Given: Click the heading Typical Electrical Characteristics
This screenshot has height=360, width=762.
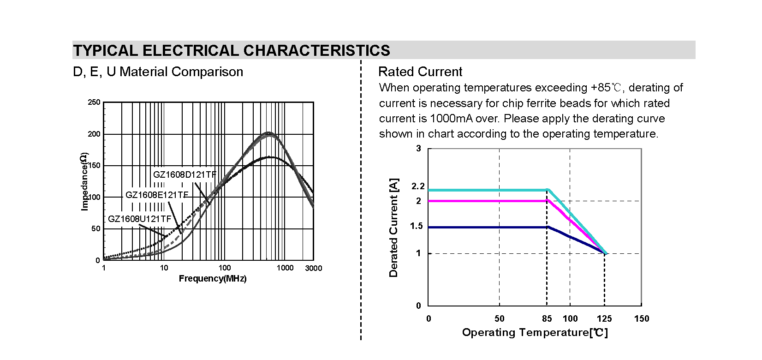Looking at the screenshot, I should coord(231,50).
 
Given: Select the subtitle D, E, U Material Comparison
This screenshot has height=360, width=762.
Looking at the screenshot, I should coord(158,72).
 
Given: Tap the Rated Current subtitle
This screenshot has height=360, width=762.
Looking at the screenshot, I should coord(420,72).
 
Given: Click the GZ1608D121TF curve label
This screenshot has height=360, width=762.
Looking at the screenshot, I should coord(185,175).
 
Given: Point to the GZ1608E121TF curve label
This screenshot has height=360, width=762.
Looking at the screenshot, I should coord(157,195).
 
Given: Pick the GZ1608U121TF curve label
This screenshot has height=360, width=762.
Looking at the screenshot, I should coord(139,219).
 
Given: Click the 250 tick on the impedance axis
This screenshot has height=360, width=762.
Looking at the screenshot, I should coord(94,102).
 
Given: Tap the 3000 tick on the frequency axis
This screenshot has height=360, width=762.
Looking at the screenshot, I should coord(314,269).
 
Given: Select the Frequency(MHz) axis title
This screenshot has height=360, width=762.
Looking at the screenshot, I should coord(213,279).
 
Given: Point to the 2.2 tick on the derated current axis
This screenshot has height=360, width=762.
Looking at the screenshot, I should coord(417,186).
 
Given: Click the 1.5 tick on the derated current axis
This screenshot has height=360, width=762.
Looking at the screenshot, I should coord(417,227).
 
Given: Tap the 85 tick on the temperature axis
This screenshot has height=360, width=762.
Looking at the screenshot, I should coord(547,318).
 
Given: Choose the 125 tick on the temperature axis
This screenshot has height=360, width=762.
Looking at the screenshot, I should coord(604,318).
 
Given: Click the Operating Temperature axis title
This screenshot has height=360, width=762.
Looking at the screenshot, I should coord(535,333).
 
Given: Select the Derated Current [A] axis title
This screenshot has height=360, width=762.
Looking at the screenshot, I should coord(393,228).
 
